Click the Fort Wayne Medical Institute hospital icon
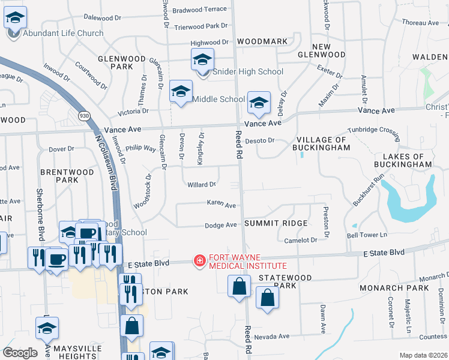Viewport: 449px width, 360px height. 198,260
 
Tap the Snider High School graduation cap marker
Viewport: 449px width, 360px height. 203,59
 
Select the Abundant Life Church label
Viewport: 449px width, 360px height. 63,33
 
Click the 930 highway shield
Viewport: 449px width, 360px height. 84,115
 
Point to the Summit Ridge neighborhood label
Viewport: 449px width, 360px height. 276,223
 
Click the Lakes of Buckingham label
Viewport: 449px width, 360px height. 403,159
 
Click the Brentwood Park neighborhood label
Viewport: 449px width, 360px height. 67,176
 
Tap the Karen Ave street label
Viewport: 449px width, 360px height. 221,205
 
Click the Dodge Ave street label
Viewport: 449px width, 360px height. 221,225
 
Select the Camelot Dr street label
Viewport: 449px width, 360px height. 300,240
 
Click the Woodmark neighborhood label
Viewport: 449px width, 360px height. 262,41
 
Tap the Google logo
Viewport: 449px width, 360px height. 20,353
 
